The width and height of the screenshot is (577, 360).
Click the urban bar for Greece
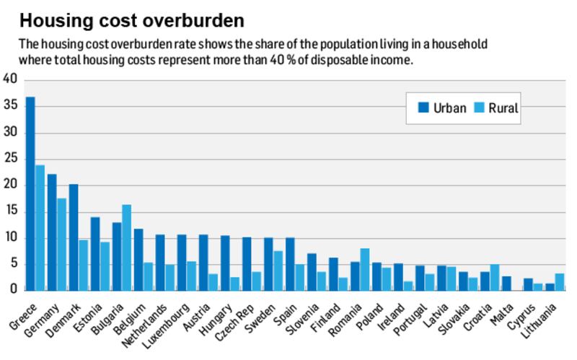30,194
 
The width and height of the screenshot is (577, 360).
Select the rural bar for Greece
40,228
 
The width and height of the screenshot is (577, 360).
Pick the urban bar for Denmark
74,237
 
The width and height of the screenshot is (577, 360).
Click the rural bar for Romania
364,269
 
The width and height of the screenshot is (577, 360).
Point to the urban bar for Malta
506,283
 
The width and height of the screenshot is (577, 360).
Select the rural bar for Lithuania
560,281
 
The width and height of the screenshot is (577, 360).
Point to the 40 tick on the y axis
9,79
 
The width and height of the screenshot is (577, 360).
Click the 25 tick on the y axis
9,159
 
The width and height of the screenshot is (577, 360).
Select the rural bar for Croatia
494,277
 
